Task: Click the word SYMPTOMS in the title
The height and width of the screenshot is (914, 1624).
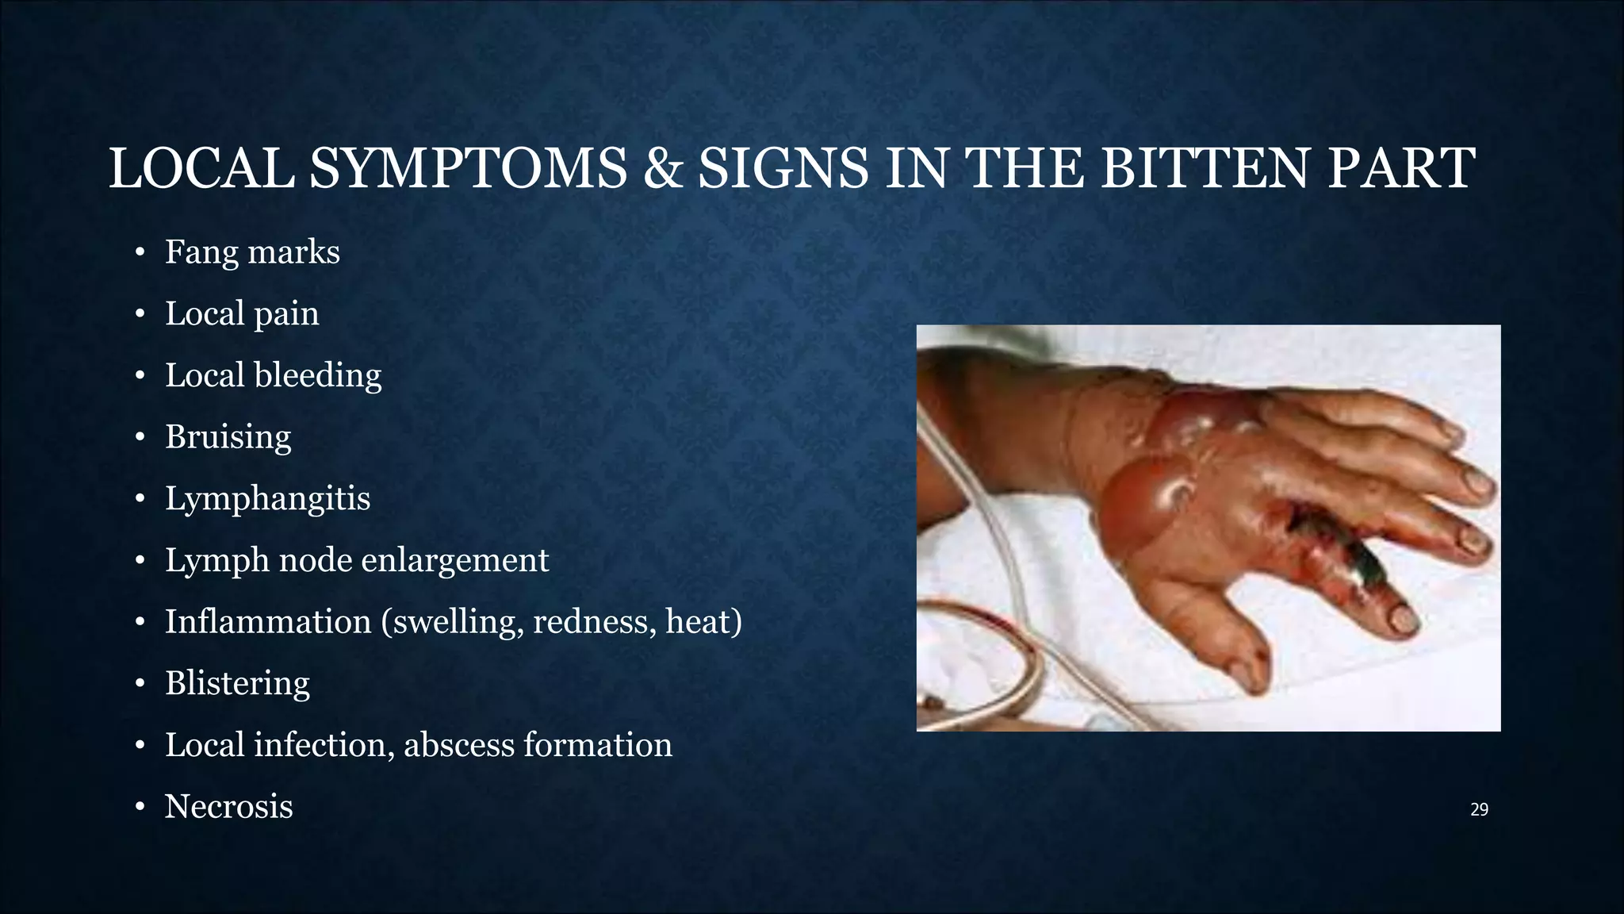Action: click(468, 169)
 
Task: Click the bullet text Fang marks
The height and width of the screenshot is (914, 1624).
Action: click(252, 252)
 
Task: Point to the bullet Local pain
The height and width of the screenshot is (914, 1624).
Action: click(242, 314)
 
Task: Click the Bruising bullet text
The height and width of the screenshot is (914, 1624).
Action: click(228, 437)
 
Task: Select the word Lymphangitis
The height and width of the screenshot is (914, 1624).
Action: click(267, 499)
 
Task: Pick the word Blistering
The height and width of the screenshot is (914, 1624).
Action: click(237, 683)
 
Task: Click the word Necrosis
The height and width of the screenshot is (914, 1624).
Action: click(228, 807)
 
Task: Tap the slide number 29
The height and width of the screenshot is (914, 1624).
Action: click(1479, 810)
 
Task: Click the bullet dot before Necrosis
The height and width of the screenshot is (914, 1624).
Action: click(140, 808)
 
